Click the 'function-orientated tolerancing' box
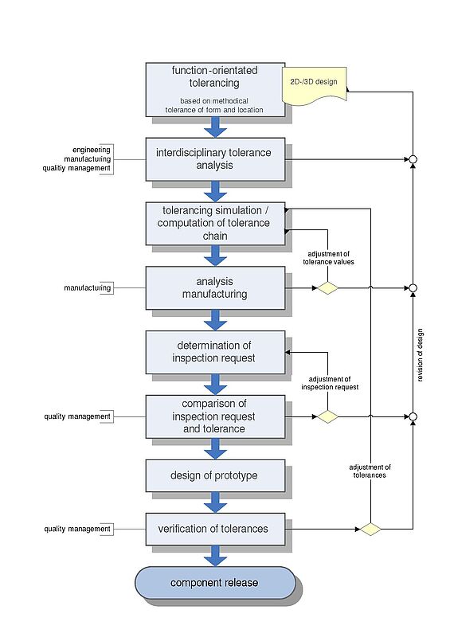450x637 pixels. (215, 90)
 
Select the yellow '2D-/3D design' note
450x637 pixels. (315, 85)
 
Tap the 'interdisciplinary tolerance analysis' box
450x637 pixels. (215, 159)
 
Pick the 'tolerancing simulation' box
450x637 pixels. (215, 224)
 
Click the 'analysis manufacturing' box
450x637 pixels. (215, 287)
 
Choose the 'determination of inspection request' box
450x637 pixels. (215, 352)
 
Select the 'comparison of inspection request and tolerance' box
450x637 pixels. (215, 416)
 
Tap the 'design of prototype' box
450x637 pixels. (215, 475)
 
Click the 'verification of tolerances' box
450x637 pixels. (215, 529)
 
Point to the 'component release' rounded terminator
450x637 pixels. (215, 583)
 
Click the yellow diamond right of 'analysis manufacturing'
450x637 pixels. (327, 288)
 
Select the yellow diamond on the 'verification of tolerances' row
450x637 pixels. (370, 530)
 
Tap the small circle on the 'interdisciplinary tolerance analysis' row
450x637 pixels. (413, 159)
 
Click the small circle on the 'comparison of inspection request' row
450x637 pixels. (413, 416)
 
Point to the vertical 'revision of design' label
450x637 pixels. (420, 355)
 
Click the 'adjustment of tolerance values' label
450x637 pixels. (328, 258)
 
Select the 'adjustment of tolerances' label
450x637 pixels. (370, 471)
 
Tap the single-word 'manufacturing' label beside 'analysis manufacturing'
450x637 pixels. (88, 288)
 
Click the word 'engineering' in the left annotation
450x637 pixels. (92, 150)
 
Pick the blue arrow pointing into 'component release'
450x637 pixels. (216, 556)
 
